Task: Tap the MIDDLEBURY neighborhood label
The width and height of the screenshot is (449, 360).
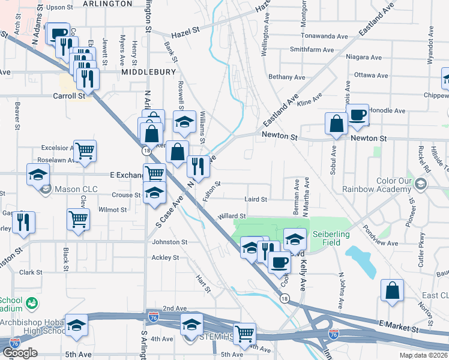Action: point(149,72)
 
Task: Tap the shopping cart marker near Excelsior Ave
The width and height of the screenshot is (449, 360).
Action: point(85,151)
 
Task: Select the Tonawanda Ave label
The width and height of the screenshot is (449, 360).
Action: point(327,36)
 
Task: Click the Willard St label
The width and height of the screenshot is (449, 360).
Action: point(232,216)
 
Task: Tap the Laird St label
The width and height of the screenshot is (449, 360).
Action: point(255,199)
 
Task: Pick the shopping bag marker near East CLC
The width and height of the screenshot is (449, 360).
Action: point(392,290)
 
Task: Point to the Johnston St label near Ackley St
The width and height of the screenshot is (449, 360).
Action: point(170,242)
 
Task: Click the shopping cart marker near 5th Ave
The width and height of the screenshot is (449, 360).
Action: point(244,333)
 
